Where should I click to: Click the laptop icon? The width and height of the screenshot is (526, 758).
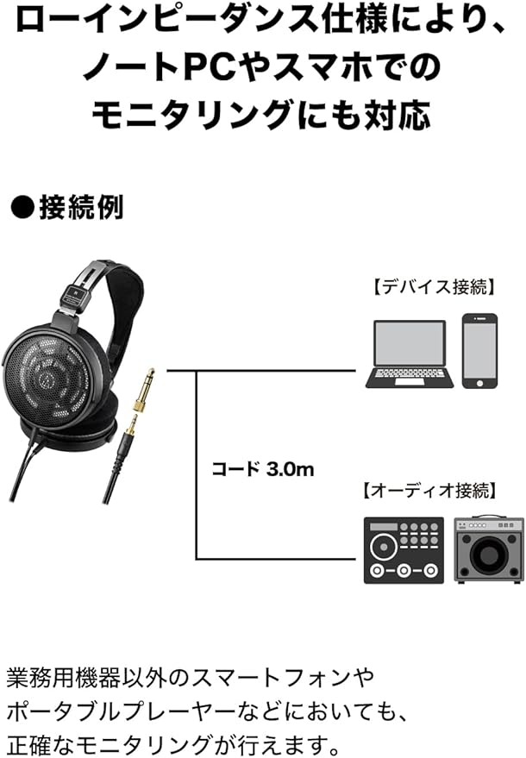[x=410, y=354]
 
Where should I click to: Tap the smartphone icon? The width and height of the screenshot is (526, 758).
[x=479, y=350]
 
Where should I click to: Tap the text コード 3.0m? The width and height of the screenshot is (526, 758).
[x=263, y=470]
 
